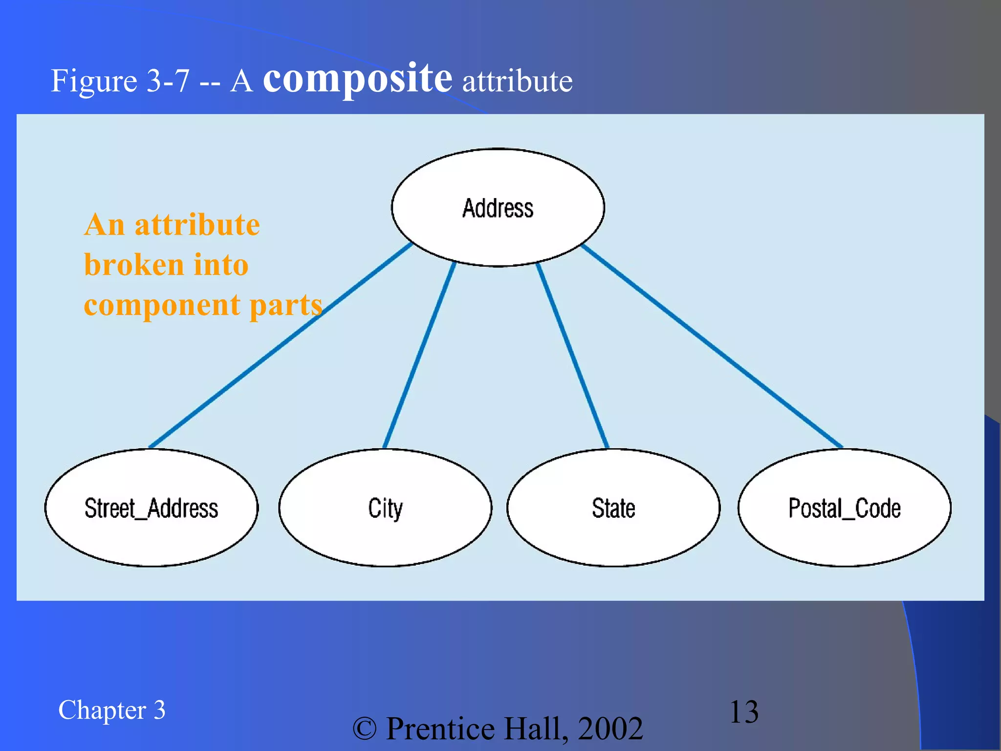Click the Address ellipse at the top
coord(498,208)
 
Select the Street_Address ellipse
coord(151,508)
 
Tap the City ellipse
coord(385,508)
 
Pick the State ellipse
coord(613,508)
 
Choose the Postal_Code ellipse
coord(844,508)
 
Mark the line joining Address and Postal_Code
coord(712,346)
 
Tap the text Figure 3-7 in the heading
coord(120,81)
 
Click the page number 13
coord(743,711)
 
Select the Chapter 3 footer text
coord(111,710)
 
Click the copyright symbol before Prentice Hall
coord(365,729)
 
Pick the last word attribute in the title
coord(517,81)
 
